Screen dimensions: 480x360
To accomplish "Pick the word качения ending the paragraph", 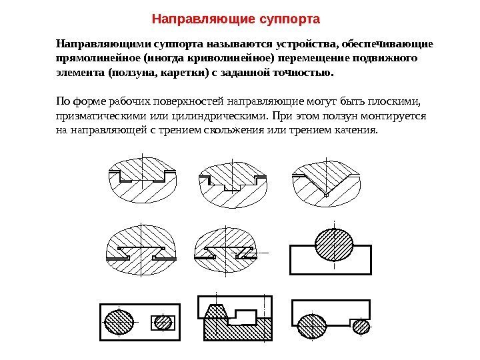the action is [x=355, y=130].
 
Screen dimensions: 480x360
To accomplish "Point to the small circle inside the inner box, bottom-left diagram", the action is [x=163, y=323].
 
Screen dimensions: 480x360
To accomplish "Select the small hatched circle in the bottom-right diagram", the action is [x=361, y=326].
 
